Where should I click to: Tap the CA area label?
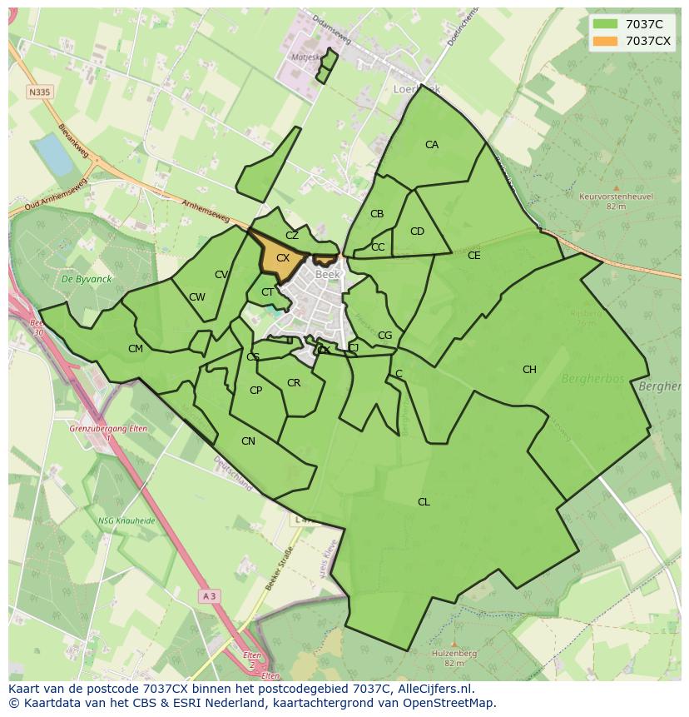pos(431,145)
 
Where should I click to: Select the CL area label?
pos(424,501)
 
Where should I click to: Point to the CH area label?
pos(529,370)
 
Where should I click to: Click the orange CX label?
pos(283,258)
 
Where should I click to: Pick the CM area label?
pos(136,349)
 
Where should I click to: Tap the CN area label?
pos(248,441)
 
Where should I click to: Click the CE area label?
pos(473,256)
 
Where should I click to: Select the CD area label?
pos(417,232)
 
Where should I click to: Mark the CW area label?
pos(196,297)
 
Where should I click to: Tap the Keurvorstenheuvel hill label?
pos(616,197)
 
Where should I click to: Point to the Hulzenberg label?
pos(454,654)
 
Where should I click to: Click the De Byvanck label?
pos(81,279)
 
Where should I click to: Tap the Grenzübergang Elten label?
pos(109,429)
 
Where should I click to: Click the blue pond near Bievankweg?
pos(53,156)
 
